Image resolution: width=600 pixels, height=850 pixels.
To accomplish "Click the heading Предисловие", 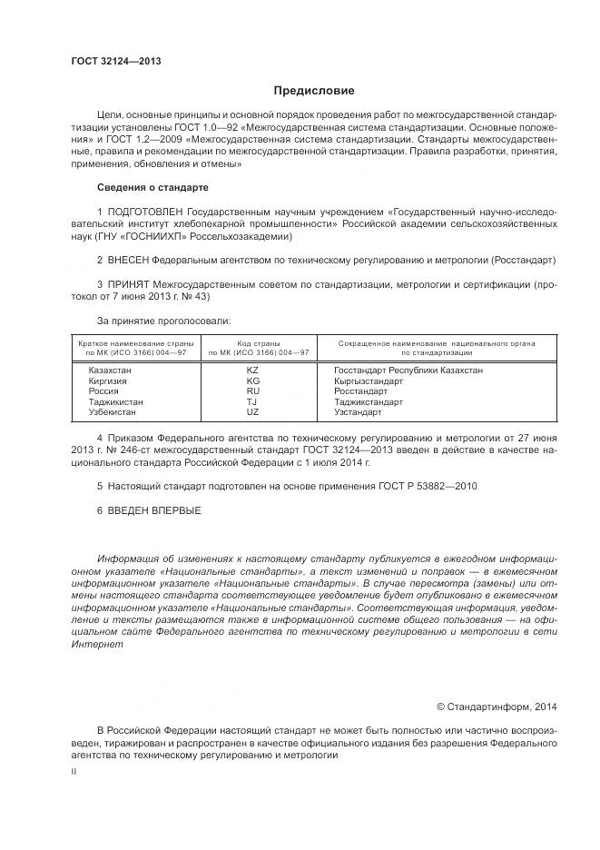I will [x=315, y=91].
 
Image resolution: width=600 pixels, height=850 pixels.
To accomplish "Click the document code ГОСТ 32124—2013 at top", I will [x=116, y=62].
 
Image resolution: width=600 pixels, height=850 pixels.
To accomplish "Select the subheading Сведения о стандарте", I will [x=152, y=187].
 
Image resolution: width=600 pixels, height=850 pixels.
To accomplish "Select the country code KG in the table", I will [x=252, y=381].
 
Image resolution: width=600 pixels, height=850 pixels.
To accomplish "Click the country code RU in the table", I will [x=252, y=390].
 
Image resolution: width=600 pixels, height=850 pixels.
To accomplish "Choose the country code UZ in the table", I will [x=252, y=411].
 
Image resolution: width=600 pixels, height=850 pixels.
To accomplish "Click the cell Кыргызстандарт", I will [x=369, y=381].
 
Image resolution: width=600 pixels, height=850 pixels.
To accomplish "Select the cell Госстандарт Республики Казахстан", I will [x=408, y=370].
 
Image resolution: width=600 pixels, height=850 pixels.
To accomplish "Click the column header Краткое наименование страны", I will [x=136, y=343].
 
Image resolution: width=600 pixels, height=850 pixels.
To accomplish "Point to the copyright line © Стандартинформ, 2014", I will [x=497, y=706].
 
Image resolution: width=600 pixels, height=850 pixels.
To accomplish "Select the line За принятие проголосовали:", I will [x=163, y=320].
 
